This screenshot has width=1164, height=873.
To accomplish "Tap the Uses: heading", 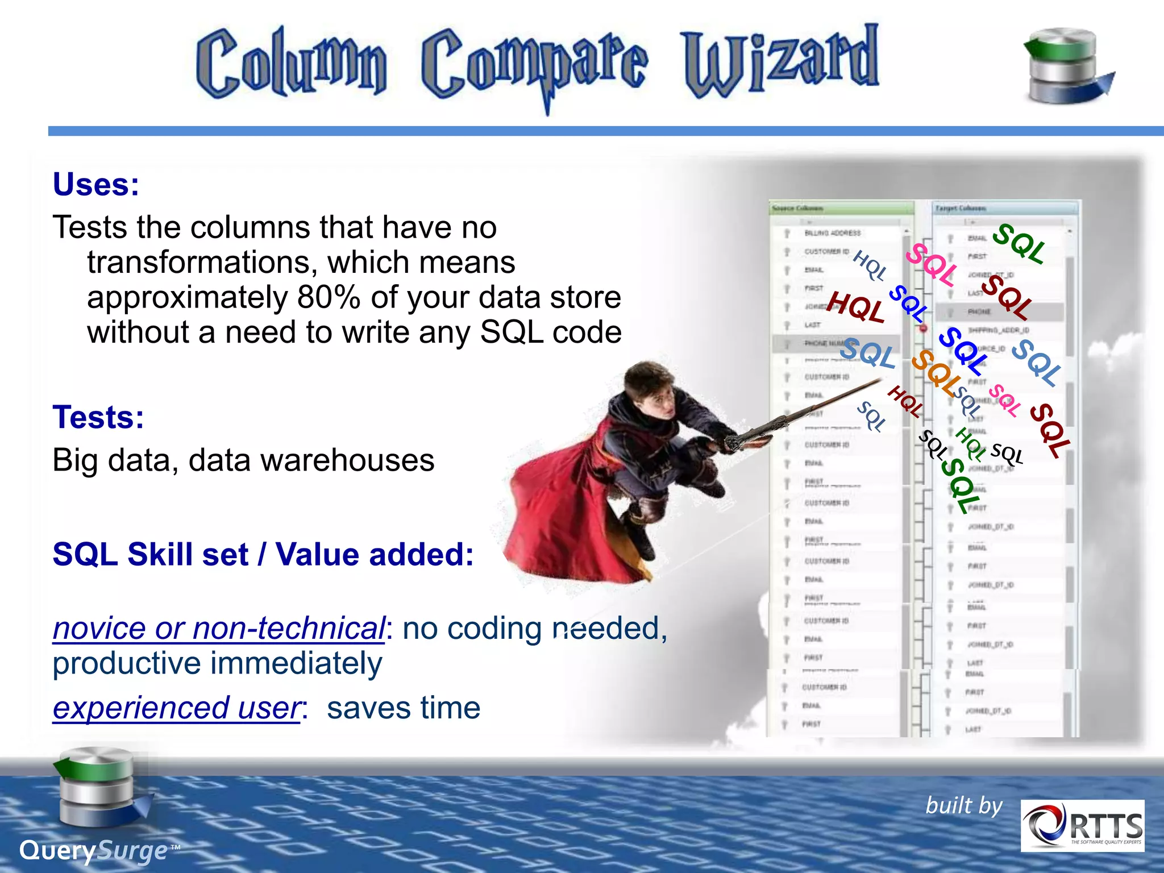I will [x=95, y=185].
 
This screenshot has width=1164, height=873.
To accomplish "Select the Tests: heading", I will [x=98, y=417].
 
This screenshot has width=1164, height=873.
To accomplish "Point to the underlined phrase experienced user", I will [x=176, y=708].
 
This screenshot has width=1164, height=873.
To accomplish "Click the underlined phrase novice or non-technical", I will [x=219, y=629].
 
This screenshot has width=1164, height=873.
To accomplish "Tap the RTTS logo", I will [x=1082, y=825].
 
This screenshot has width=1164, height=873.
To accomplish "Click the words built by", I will [x=964, y=805].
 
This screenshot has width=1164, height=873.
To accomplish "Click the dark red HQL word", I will [x=855, y=307].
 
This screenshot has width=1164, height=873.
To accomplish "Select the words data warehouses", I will [x=311, y=460].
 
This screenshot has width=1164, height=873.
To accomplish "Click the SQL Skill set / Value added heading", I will [x=263, y=555].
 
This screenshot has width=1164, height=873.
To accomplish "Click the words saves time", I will [x=404, y=708].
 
